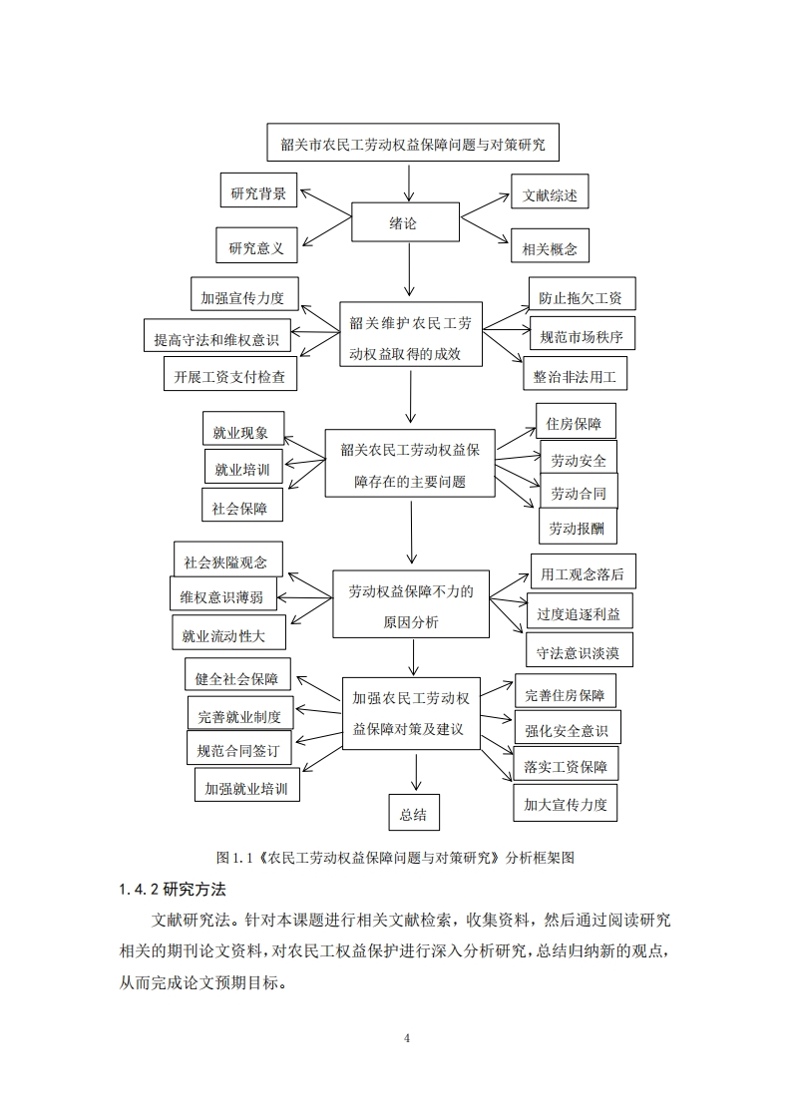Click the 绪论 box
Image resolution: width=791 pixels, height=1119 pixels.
tap(405, 222)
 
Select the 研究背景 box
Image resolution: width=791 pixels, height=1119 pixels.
tap(258, 189)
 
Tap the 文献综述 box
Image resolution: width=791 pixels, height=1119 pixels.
tap(550, 191)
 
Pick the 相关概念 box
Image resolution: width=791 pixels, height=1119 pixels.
tap(550, 246)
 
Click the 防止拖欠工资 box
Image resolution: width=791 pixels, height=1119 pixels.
tap(582, 294)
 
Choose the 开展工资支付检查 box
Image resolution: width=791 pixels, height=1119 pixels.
tap(229, 374)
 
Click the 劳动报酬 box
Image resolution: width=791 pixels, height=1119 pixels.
tap(578, 526)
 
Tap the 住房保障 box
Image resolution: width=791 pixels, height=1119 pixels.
tap(576, 421)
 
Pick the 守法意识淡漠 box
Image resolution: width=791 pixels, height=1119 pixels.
tap(579, 649)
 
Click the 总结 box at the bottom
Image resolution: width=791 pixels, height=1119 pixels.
tap(414, 812)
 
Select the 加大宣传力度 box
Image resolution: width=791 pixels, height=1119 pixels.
tap(565, 803)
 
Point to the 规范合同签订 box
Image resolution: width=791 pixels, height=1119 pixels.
tap(239, 747)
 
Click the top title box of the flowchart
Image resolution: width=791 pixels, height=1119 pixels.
tap(413, 143)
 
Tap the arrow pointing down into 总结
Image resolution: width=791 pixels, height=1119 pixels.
tap(416, 772)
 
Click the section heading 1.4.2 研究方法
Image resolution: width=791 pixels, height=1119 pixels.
tap(172, 890)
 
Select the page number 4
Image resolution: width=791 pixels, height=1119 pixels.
tap(407, 1038)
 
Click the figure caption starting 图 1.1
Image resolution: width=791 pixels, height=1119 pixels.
tap(395, 857)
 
